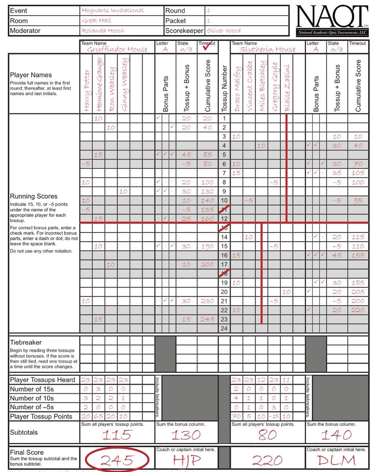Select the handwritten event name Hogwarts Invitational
[x=113, y=11]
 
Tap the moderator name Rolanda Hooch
[x=103, y=30]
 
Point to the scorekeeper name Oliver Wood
[x=224, y=30]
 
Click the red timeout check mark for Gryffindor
[x=207, y=48]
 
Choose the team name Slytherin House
[x=268, y=49]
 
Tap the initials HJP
[x=187, y=459]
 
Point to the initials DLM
[x=337, y=459]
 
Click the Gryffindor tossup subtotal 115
[x=117, y=435]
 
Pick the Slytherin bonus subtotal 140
[x=337, y=435]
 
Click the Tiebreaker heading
[x=26, y=342]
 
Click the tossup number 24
[x=224, y=328]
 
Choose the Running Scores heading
[x=34, y=196]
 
